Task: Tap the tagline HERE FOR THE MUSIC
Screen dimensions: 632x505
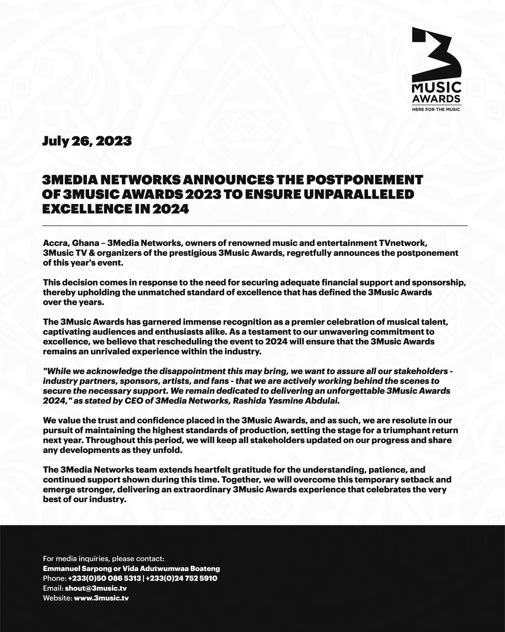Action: [x=437, y=109]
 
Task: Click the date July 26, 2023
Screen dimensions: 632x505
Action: [x=87, y=141]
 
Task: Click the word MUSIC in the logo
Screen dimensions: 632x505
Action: [x=437, y=89]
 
